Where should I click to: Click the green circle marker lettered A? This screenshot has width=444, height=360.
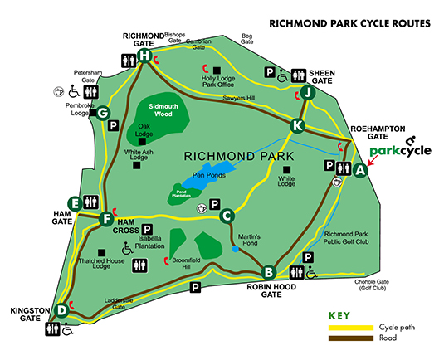coord(359,170)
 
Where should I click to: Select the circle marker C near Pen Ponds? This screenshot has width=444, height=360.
coord(225,216)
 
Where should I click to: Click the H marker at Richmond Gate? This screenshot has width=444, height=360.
coord(144,56)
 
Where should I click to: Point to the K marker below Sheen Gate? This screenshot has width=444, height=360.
coord(298,125)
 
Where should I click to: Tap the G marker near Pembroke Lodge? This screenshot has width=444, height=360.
coord(104,114)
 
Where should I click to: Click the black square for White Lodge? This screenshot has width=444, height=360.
coord(285,169)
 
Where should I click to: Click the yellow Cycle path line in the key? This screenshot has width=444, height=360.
coord(349,328)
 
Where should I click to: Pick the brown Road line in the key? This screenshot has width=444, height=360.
coord(349,339)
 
